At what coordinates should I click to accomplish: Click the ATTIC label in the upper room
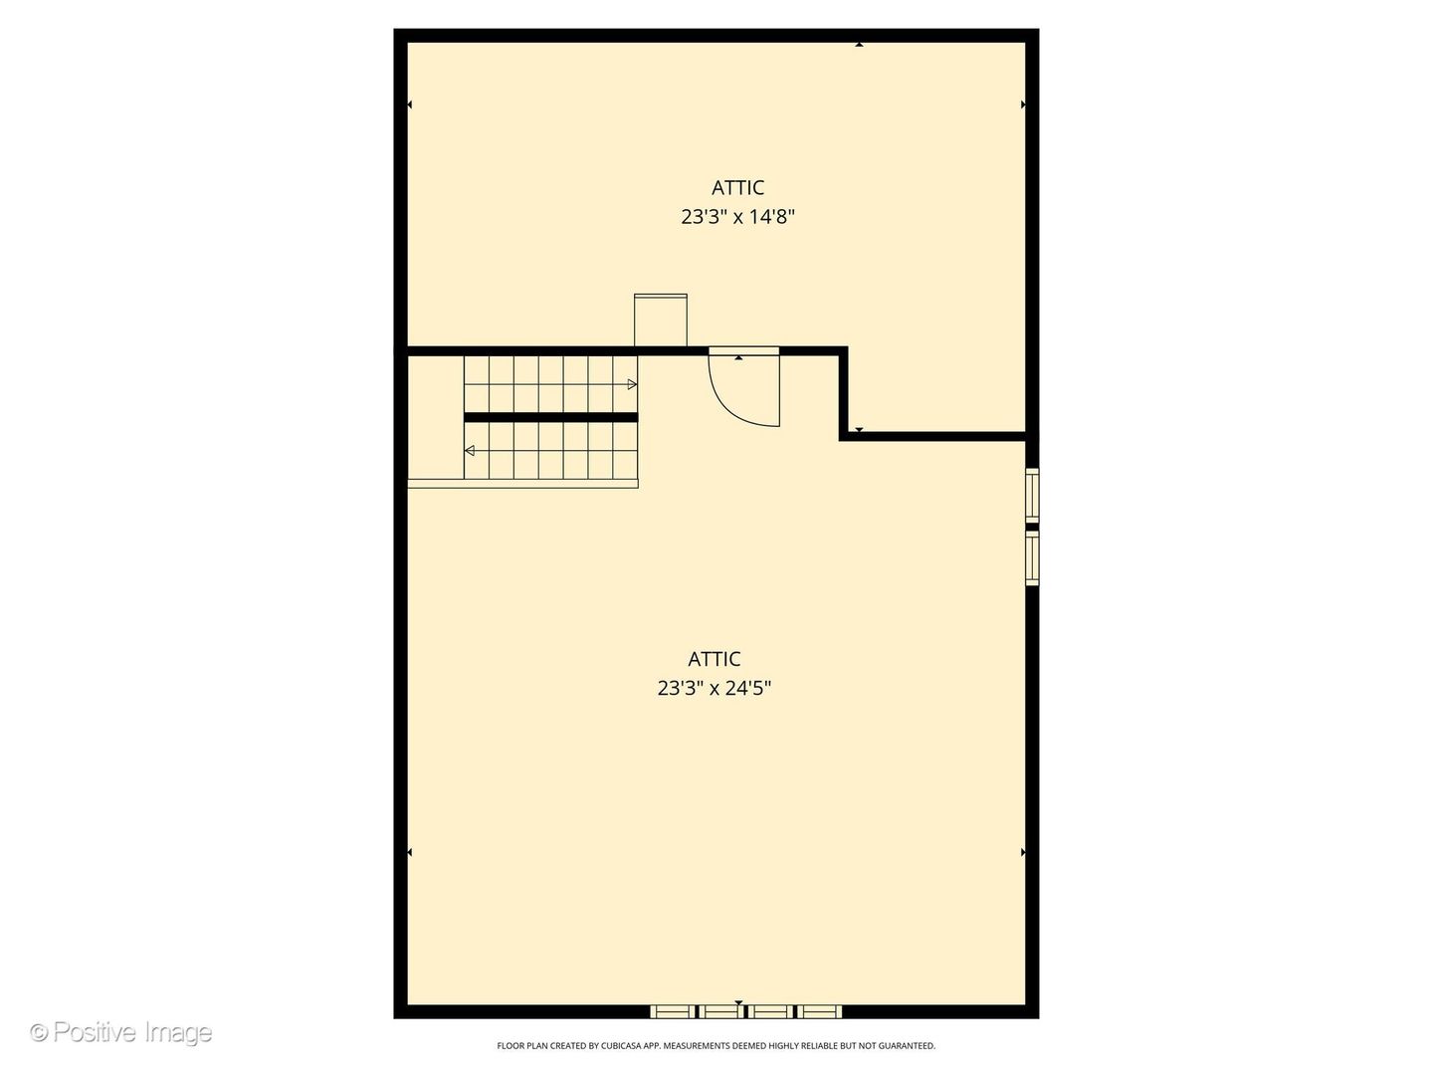point(737,187)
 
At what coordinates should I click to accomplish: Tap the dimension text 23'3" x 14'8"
point(737,217)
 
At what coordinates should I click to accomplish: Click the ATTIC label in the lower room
point(714,659)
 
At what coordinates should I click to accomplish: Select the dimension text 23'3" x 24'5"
point(714,688)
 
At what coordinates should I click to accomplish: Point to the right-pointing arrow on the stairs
point(632,384)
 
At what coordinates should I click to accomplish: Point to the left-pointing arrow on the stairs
point(470,451)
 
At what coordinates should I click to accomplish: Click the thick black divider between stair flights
point(550,417)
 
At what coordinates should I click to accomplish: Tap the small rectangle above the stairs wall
point(661,320)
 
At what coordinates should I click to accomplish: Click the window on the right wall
point(1032,526)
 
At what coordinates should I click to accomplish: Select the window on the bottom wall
point(745,1011)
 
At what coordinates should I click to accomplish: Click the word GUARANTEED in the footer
point(905,1046)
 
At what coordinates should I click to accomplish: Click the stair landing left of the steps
point(436,418)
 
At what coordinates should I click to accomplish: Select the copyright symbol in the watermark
point(39,1032)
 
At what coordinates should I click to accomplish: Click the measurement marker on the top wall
point(859,44)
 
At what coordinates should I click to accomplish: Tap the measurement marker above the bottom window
point(738,1002)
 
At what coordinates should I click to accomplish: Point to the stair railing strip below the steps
point(522,484)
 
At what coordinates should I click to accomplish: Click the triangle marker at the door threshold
point(738,356)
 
